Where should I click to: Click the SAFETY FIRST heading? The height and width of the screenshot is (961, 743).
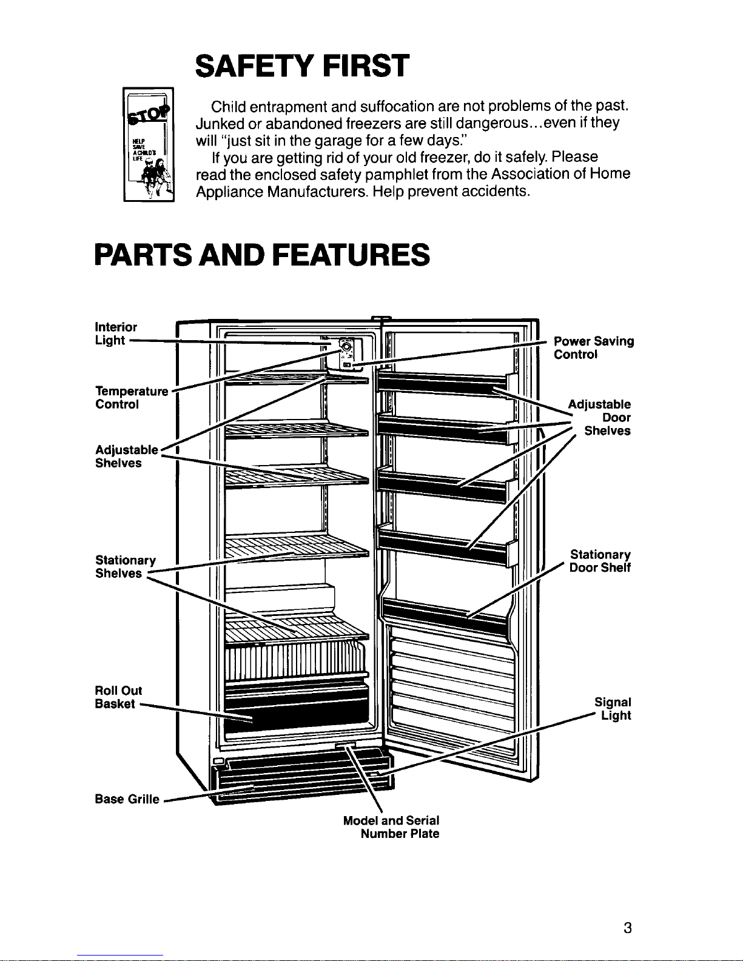coord(302,65)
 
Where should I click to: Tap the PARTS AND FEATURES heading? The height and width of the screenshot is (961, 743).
coord(262,255)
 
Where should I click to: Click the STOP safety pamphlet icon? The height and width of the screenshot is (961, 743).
coord(149,144)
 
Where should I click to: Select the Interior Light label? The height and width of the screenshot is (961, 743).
coord(116,333)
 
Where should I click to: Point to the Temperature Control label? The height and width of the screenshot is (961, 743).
coord(131,397)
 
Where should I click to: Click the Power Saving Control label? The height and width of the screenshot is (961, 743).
coord(593,347)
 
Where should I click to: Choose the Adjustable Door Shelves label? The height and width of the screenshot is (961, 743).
coord(600,417)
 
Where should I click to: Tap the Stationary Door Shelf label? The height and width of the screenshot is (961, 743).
coord(600,561)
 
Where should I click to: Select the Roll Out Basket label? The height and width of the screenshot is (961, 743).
coord(118,697)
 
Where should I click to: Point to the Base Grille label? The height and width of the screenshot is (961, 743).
coord(127,799)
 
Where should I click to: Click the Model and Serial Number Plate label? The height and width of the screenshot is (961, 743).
coord(391,826)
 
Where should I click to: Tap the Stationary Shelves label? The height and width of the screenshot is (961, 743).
coord(125,566)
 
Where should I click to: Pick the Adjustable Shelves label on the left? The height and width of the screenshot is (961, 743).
coord(126,456)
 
